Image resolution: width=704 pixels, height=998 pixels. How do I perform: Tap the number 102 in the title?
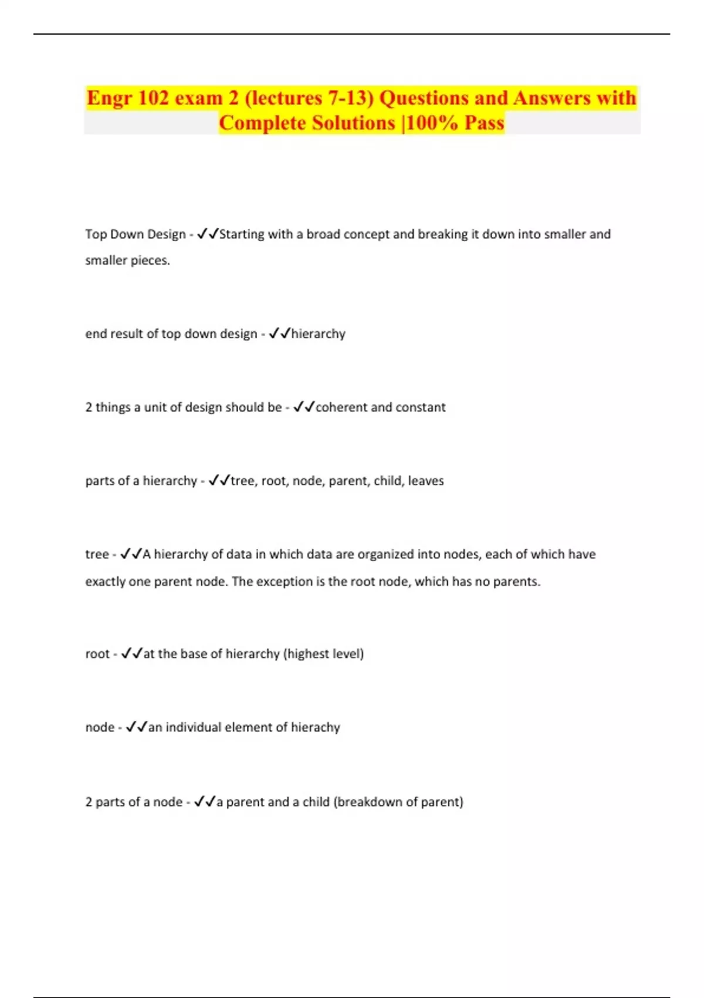(154, 98)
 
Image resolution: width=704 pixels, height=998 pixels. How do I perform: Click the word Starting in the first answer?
(241, 234)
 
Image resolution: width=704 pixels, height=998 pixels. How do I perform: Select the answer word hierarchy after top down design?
(318, 334)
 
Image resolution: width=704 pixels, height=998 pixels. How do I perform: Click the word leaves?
(426, 481)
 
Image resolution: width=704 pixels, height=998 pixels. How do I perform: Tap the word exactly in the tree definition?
(105, 582)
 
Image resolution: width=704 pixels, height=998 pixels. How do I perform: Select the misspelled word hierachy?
(316, 727)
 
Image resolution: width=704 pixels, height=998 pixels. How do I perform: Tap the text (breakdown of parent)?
(398, 802)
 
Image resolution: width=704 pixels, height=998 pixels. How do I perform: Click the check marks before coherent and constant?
(304, 407)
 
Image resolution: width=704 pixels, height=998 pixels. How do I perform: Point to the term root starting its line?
(97, 654)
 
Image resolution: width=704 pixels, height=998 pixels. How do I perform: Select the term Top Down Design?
(136, 234)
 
